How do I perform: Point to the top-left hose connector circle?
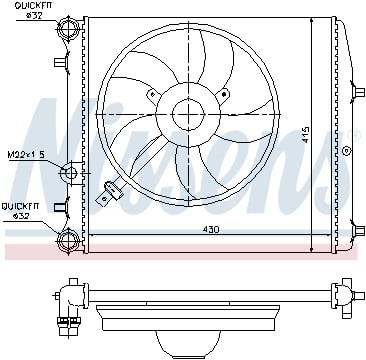click(69, 33)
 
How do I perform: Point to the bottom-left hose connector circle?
click(69, 239)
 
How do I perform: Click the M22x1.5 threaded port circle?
click(69, 173)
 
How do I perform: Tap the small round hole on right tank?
click(347, 146)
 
